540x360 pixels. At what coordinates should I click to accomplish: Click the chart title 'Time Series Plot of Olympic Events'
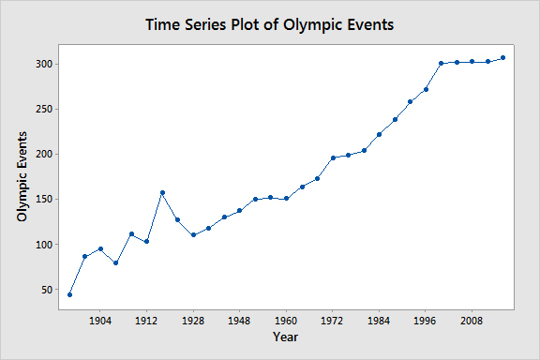[269, 24]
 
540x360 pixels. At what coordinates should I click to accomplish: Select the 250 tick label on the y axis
[44, 109]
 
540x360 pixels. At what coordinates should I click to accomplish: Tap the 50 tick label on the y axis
[47, 290]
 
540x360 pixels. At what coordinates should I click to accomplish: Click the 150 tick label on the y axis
[44, 200]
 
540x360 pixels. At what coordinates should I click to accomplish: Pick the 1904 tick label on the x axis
[100, 321]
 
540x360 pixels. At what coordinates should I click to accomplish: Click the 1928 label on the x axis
[193, 321]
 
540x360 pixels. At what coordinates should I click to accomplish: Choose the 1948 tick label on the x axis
[239, 321]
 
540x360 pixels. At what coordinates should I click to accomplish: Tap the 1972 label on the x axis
[332, 321]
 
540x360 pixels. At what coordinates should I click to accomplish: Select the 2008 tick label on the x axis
[472, 321]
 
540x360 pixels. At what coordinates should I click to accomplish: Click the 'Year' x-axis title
[286, 337]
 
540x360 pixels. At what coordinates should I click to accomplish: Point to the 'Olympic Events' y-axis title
[22, 177]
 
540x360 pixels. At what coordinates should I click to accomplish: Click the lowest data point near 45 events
[70, 295]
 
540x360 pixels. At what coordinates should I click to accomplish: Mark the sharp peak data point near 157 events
[162, 192]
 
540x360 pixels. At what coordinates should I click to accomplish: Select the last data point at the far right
[502, 58]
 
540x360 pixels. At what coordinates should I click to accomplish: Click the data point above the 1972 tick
[333, 157]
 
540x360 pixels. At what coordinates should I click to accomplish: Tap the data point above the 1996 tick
[426, 90]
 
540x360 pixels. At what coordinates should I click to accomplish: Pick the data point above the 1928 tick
[193, 235]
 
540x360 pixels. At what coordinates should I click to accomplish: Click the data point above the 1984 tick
[379, 135]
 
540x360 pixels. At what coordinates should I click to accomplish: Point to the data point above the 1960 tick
[286, 199]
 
